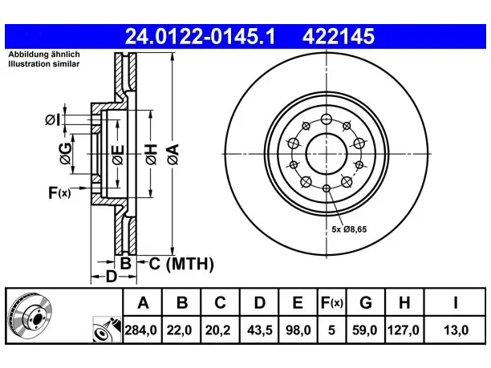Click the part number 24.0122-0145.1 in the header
coord(200,36)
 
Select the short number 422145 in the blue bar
coord(339,36)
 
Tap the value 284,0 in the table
coord(140,330)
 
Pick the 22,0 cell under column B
coord(180,330)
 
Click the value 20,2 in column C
coord(218,330)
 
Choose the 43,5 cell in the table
coord(259,330)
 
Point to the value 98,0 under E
coord(298,330)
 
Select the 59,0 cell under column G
coord(365,330)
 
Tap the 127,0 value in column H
coord(404,330)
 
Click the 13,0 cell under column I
coord(456,330)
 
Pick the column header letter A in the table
coord(143,302)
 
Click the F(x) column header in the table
coord(332,302)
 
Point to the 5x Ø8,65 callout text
coord(349,229)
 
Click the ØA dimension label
coord(173,154)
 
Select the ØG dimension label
coord(66,154)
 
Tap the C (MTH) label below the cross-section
coord(181,264)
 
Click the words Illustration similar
coord(44,64)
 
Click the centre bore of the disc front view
coord(327,154)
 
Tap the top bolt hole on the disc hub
coord(327,119)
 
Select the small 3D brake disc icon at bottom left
coord(30,315)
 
